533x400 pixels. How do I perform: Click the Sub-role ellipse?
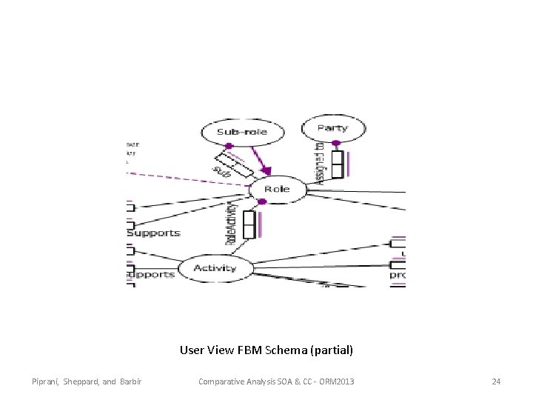click(x=232, y=133)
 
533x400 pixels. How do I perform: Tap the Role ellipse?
click(x=277, y=189)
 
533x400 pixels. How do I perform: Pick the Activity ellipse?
click(x=215, y=267)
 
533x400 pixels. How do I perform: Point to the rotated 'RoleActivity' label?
click(x=231, y=223)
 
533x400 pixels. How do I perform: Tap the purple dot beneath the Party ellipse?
click(x=336, y=143)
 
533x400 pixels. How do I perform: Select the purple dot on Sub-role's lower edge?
click(x=229, y=146)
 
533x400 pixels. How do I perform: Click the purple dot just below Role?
click(x=261, y=201)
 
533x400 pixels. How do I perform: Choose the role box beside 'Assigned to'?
click(x=337, y=164)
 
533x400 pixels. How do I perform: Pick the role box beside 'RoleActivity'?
click(x=249, y=225)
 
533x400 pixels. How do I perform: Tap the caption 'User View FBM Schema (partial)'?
click(x=266, y=349)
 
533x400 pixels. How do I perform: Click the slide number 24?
click(x=496, y=381)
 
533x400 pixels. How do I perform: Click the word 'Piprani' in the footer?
click(x=46, y=381)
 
